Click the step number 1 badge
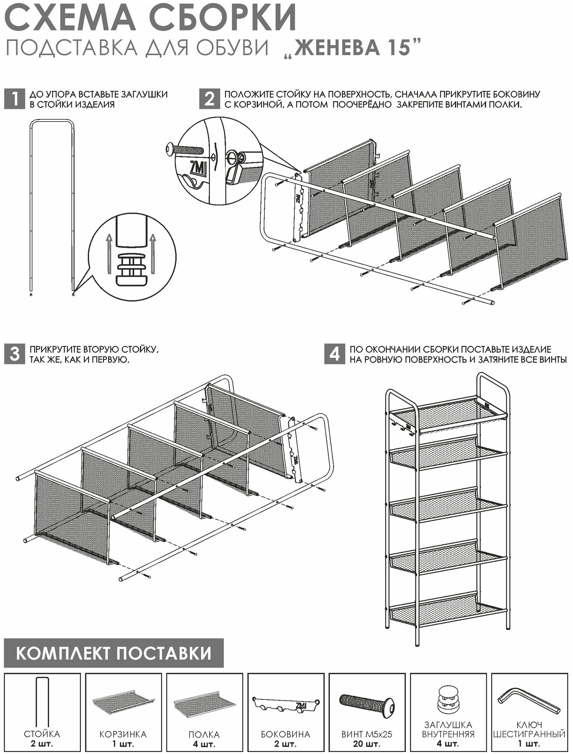(14, 99)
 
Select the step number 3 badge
(14, 354)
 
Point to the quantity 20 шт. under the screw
(366, 744)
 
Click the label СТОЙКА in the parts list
(42, 734)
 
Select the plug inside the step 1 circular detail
(131, 268)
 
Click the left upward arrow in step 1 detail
(108, 253)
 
